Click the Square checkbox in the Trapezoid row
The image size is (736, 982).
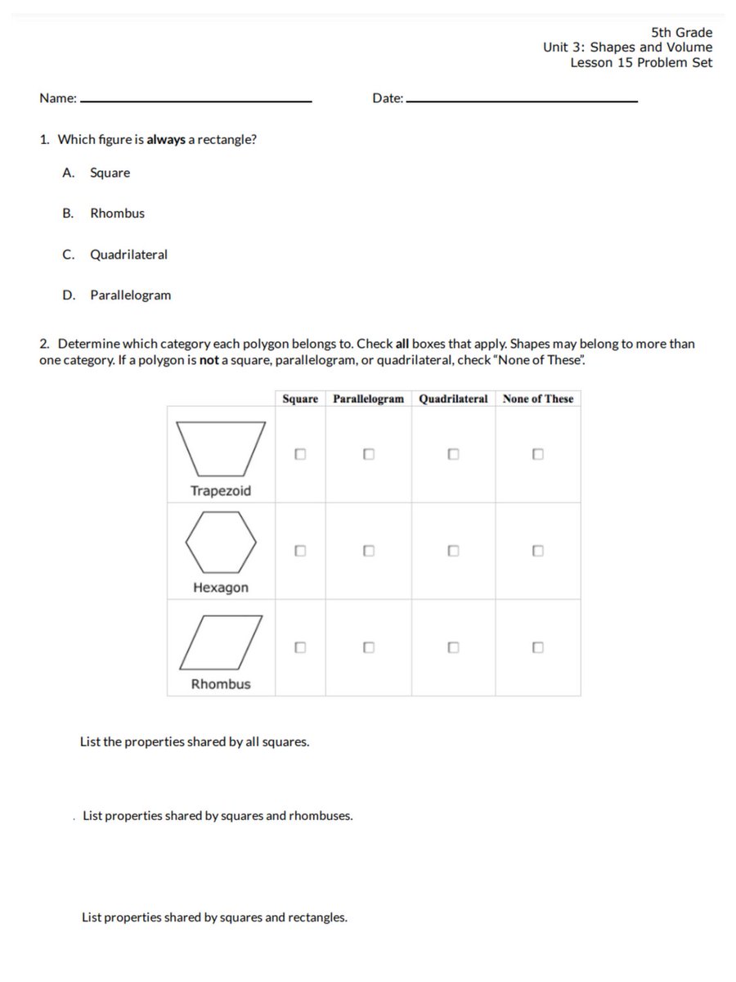click(x=300, y=453)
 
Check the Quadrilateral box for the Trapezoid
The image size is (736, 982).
click(x=453, y=453)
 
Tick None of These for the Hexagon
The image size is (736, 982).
click(x=537, y=551)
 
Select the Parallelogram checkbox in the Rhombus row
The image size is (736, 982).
click(x=369, y=647)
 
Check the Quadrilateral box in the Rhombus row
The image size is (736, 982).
click(x=453, y=647)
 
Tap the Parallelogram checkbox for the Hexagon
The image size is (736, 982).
click(x=369, y=551)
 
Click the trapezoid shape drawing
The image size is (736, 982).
click(x=221, y=448)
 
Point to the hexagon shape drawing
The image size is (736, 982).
click(x=221, y=542)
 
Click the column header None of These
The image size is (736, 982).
click(x=538, y=399)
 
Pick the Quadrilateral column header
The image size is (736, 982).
click(x=453, y=399)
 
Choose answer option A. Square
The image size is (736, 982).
click(x=110, y=173)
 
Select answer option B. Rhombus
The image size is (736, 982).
click(x=117, y=213)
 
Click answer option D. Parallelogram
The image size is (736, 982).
click(x=130, y=295)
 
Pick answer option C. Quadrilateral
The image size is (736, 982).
click(x=128, y=255)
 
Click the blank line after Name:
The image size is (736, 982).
click(x=196, y=100)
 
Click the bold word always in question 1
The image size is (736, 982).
click(x=166, y=139)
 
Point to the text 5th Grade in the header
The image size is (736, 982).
click(x=681, y=33)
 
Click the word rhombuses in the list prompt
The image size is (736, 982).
click(x=321, y=816)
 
